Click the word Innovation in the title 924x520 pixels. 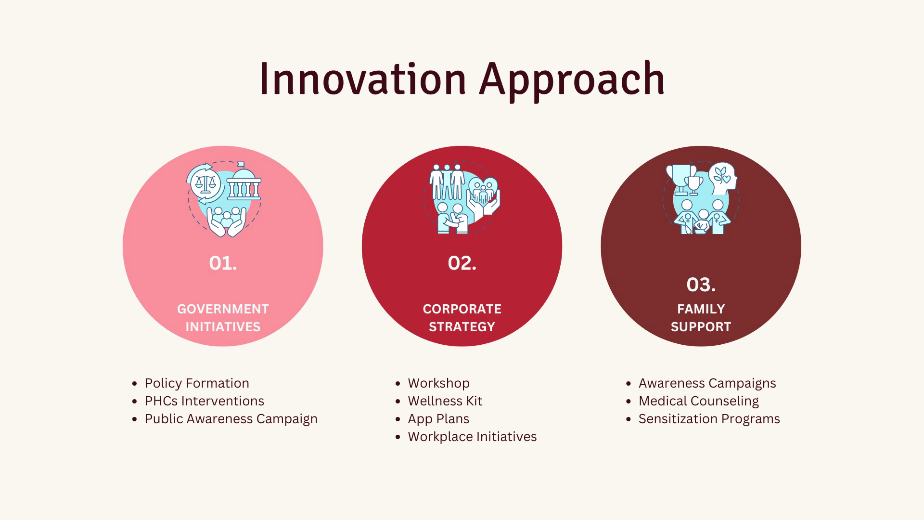pyautogui.click(x=363, y=78)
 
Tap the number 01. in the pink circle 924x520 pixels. pyautogui.click(x=223, y=263)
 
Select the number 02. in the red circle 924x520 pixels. pyautogui.click(x=462, y=263)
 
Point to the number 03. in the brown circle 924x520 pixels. pyautogui.click(x=701, y=285)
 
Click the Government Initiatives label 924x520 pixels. pyautogui.click(x=223, y=318)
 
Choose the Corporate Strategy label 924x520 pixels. pyautogui.click(x=462, y=318)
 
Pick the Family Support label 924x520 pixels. pyautogui.click(x=701, y=318)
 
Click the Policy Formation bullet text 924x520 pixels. pyautogui.click(x=197, y=383)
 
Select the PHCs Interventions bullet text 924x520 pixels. pyautogui.click(x=204, y=401)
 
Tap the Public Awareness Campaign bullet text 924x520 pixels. pyautogui.click(x=231, y=419)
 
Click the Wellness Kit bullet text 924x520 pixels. pyautogui.click(x=445, y=401)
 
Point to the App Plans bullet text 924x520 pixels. pyautogui.click(x=438, y=419)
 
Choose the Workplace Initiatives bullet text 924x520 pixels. pyautogui.click(x=472, y=437)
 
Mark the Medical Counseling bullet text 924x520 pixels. pyautogui.click(x=698, y=401)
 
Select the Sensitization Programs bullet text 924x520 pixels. pyautogui.click(x=709, y=419)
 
